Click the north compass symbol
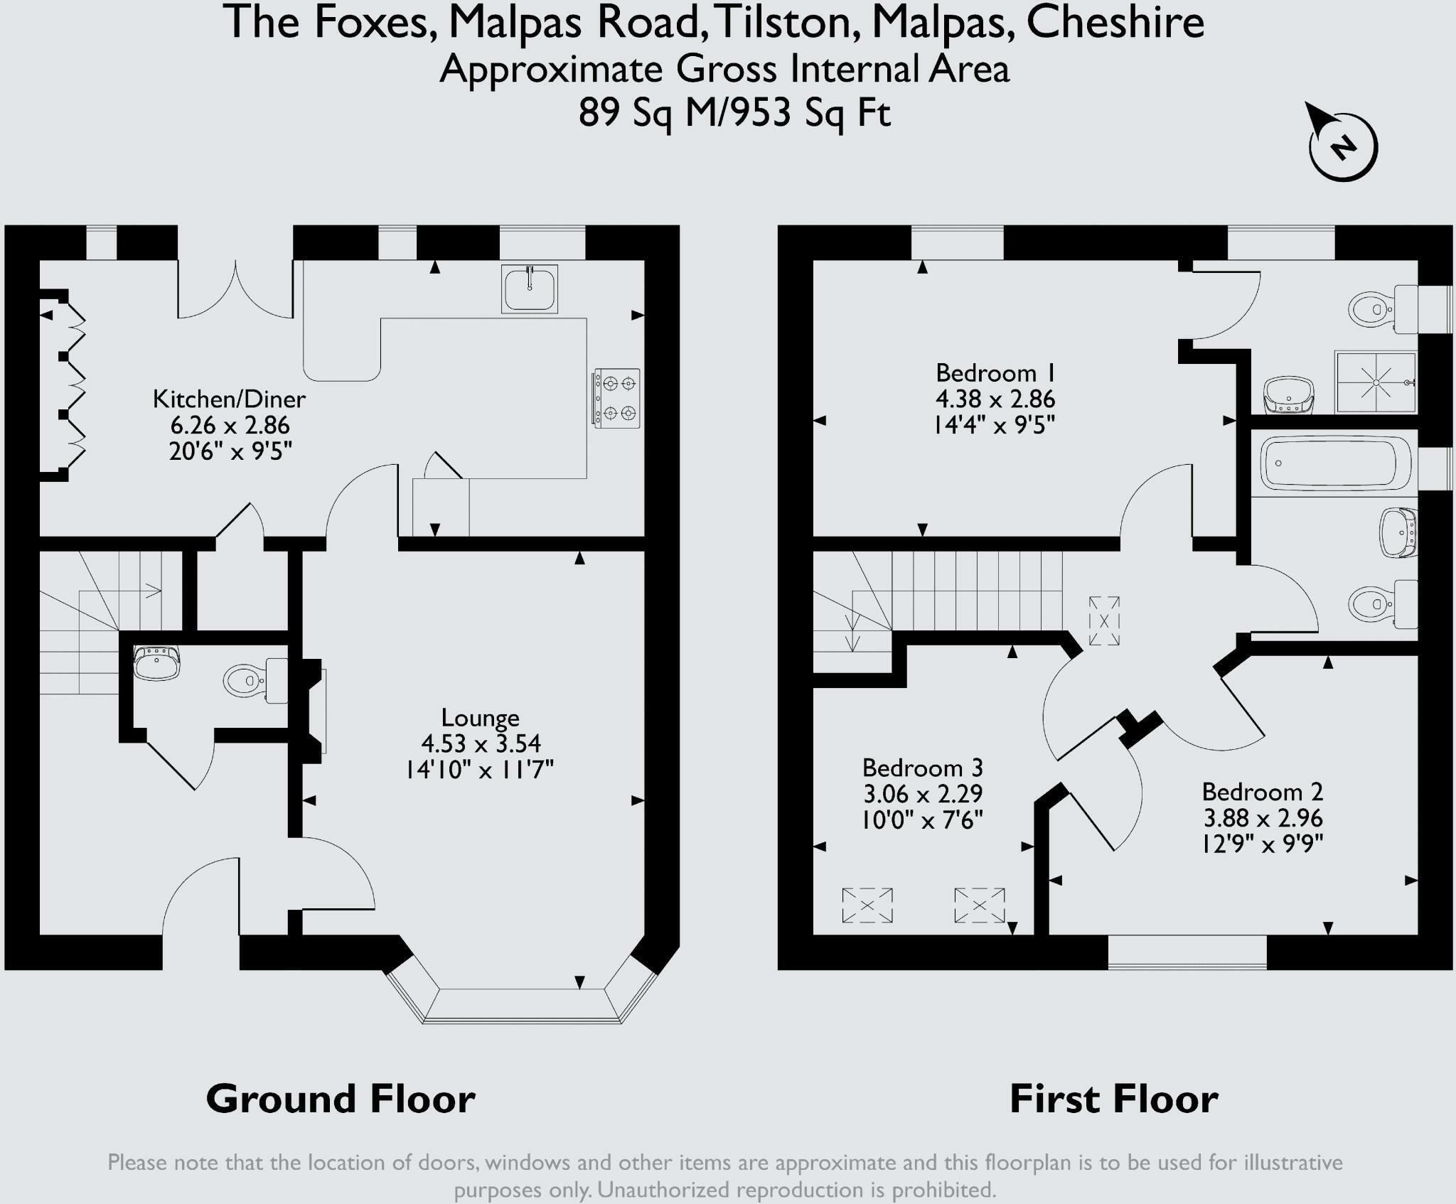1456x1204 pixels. (x=1342, y=146)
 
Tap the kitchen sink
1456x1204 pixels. (x=529, y=289)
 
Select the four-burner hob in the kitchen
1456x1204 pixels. (x=616, y=398)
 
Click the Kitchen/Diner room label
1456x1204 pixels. (x=229, y=399)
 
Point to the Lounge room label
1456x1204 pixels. (x=480, y=717)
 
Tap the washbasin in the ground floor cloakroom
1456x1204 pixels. (x=156, y=662)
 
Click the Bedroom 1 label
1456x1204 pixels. (x=995, y=372)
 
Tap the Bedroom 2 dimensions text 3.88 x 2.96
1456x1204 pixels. (x=1263, y=817)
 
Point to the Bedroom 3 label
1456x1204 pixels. (x=922, y=768)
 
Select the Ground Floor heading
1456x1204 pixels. (x=341, y=1099)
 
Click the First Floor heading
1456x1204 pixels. (x=1114, y=1099)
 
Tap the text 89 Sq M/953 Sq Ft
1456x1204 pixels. (x=734, y=112)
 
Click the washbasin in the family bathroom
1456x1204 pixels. (x=1398, y=532)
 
